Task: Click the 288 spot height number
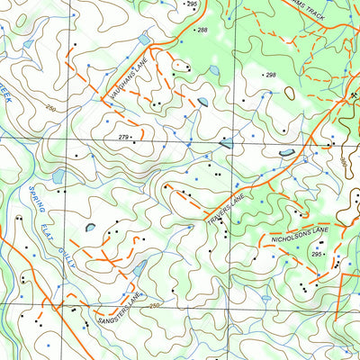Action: (202, 31)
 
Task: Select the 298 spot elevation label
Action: (270, 76)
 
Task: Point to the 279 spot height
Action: (124, 137)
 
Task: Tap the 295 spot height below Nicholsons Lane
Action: (317, 256)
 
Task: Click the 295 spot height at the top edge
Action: (191, 4)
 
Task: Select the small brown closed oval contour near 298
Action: (290, 92)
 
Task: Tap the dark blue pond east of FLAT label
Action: (91, 227)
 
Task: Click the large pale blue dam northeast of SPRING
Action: (59, 176)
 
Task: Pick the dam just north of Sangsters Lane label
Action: (139, 268)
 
